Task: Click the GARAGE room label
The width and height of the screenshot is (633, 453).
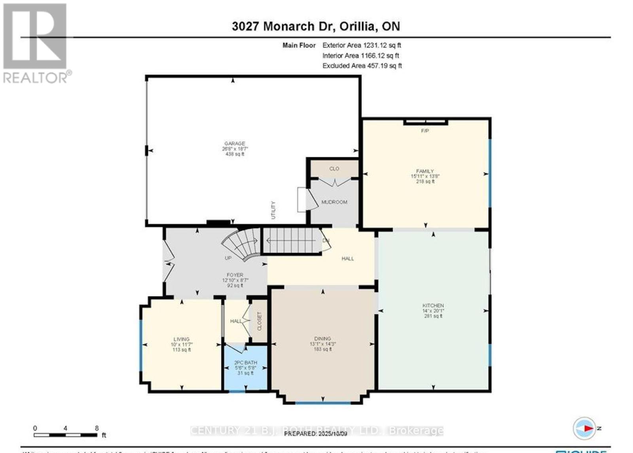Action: pos(235,144)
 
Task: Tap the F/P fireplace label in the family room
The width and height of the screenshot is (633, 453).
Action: pos(425,131)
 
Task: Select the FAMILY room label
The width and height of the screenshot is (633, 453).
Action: pos(425,172)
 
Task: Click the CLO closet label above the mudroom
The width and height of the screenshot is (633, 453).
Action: pos(334,169)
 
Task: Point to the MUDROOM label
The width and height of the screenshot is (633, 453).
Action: pos(334,202)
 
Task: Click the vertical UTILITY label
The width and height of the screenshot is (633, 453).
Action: pos(273,210)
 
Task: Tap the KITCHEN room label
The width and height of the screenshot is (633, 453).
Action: pos(433,306)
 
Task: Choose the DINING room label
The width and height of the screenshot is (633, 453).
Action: pos(322,339)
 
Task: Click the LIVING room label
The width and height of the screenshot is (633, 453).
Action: pos(181,339)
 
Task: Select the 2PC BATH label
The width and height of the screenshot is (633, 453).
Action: pos(245,362)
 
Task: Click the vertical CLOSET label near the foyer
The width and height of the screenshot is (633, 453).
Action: pos(260,321)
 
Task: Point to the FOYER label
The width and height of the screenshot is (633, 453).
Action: pos(235,275)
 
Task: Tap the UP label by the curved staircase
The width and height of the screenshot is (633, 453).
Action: pos(228,258)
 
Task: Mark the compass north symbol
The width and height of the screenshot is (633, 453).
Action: pos(585,428)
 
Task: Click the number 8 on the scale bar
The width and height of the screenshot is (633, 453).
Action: pos(97,428)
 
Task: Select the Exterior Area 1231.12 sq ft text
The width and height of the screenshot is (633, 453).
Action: pos(362,45)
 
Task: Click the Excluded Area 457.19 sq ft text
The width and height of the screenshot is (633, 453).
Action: pos(362,66)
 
